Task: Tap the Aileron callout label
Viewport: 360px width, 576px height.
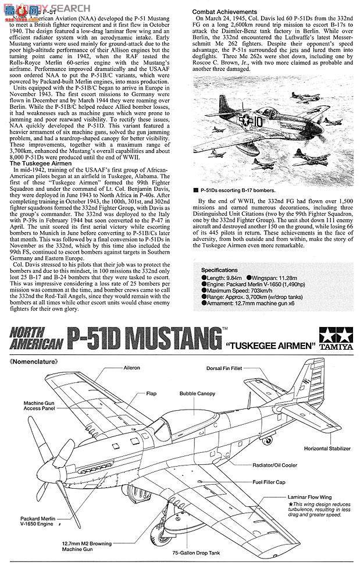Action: (x=131, y=368)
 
